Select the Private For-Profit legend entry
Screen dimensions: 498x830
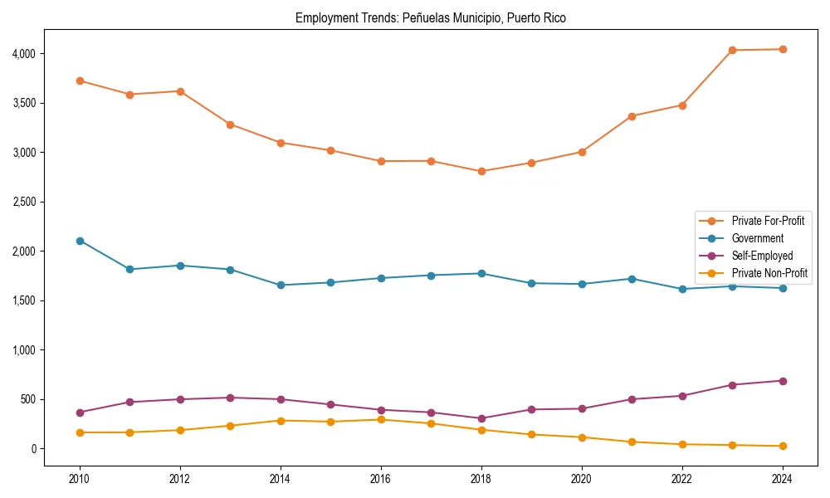click(x=768, y=221)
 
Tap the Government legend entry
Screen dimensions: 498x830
click(x=757, y=238)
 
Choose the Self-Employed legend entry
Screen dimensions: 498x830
click(x=762, y=256)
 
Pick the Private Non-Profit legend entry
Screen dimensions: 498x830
click(x=769, y=272)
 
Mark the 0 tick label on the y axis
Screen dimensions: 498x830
click(x=34, y=449)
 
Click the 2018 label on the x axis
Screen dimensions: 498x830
click(x=481, y=479)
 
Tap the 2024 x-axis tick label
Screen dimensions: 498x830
click(x=783, y=479)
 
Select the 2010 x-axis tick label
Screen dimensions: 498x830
click(x=80, y=479)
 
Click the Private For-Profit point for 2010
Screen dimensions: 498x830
click(x=80, y=81)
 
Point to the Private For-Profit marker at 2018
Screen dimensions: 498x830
click(x=481, y=172)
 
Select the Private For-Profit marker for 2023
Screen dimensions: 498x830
click(x=732, y=50)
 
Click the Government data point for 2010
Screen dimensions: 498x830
click(x=80, y=241)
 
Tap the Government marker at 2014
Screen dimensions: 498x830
click(x=281, y=286)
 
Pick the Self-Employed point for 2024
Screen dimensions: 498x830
click(x=783, y=381)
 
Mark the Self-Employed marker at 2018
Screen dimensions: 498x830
click(x=481, y=418)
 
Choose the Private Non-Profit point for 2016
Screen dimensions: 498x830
click(x=381, y=420)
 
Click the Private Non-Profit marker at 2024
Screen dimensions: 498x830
click(x=783, y=447)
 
